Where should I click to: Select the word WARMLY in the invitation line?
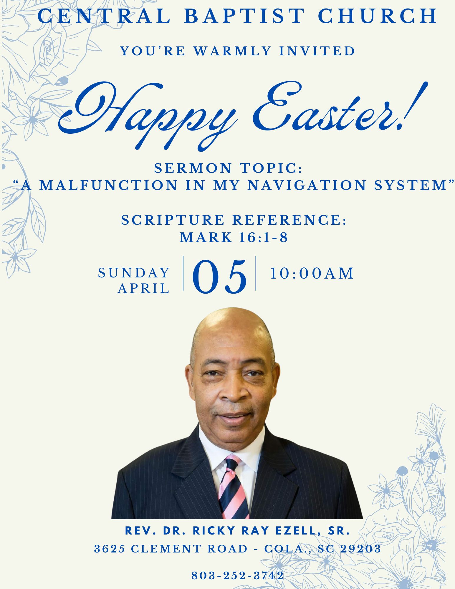tap(232, 51)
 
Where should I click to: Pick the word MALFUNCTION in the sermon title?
tap(108, 185)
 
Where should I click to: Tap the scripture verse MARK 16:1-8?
tap(234, 237)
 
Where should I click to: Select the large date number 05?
tap(220, 277)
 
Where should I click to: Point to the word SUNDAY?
tap(134, 273)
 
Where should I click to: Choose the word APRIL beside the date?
tap(144, 288)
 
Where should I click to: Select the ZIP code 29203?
tap(361, 549)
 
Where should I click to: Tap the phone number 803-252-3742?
tap(238, 575)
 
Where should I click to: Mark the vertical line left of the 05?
tap(183, 273)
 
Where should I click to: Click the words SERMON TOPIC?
tap(229, 168)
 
